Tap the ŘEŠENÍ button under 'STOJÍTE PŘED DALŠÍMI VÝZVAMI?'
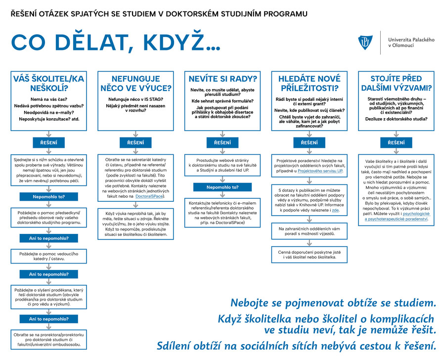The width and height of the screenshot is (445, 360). [397, 142]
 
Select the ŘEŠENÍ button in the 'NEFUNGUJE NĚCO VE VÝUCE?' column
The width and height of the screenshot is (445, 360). [136, 142]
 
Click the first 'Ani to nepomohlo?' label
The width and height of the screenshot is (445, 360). [48, 239]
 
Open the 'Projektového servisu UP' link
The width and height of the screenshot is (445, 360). [320, 171]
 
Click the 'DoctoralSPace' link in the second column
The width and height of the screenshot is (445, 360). [150, 197]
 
